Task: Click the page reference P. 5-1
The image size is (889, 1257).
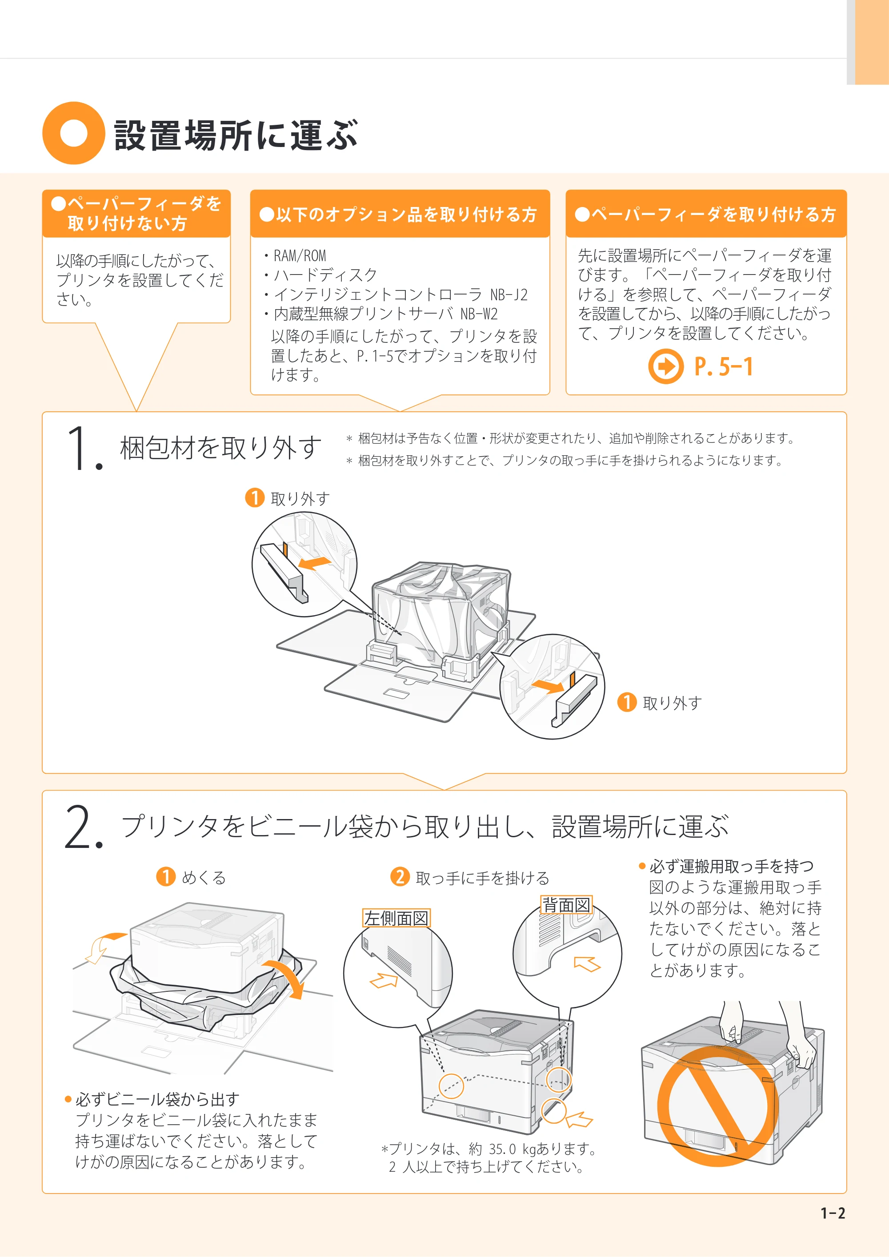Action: (724, 366)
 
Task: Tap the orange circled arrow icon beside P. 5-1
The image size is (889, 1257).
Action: (665, 366)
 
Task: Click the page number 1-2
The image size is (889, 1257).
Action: (833, 1213)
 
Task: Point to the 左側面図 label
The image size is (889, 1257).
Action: (396, 918)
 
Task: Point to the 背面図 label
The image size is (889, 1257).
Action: (566, 905)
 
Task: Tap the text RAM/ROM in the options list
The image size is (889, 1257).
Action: (300, 256)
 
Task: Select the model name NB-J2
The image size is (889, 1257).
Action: (509, 294)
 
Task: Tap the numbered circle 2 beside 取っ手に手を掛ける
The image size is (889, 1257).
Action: (400, 876)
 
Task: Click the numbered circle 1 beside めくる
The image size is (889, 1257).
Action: (166, 876)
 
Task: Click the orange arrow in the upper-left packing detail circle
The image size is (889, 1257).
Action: (314, 563)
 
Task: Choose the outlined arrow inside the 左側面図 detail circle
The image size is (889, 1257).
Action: (384, 979)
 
